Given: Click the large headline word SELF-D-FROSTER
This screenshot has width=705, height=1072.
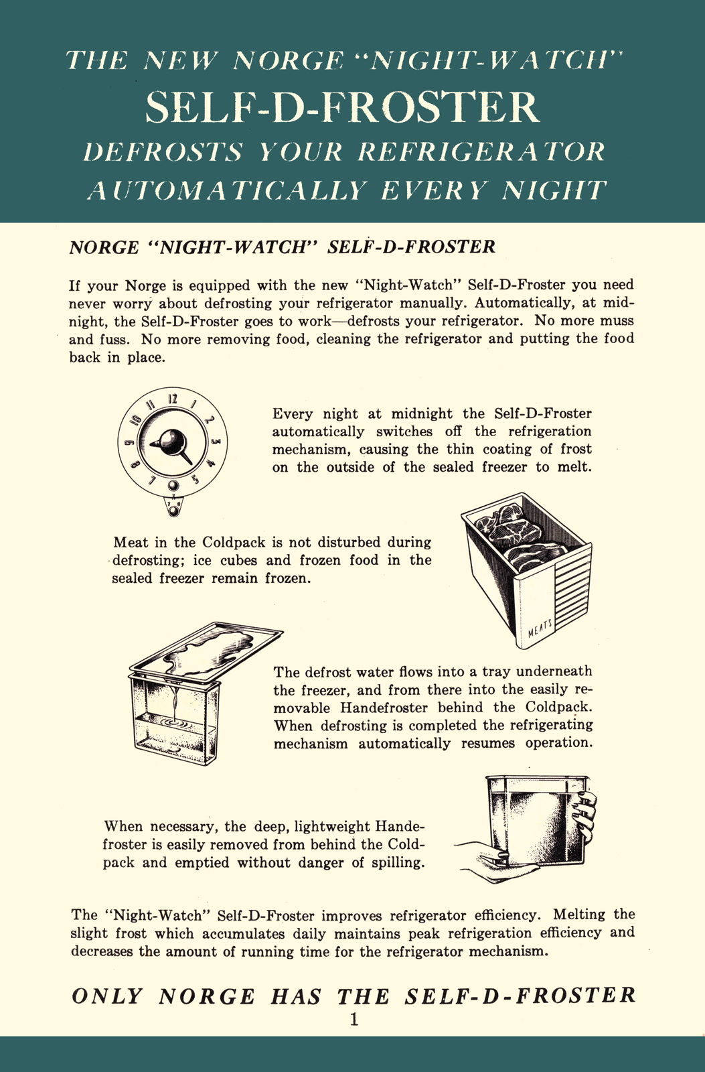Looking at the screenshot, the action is pos(343,107).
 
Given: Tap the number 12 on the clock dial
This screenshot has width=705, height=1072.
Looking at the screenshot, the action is pos(173,399).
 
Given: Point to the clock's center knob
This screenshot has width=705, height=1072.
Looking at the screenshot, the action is pos(170,442).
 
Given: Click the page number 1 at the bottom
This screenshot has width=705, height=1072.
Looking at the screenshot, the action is pos(354,1019).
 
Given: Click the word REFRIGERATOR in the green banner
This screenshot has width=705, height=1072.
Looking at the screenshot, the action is pos(481,152).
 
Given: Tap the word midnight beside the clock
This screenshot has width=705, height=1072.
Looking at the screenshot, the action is pos(421,413).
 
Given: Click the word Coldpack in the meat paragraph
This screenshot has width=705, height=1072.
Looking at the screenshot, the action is pos(234,543).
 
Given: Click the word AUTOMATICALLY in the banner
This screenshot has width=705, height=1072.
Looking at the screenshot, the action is pos(228,190).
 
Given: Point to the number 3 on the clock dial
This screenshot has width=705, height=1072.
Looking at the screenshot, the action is pos(216,442).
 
